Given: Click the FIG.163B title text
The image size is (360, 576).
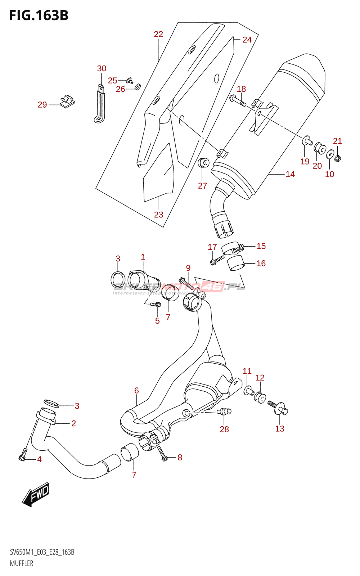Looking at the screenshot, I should click(39, 15).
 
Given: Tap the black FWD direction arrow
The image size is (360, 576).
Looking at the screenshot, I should click(36, 494).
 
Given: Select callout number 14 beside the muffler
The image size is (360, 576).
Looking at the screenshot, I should click(290, 174).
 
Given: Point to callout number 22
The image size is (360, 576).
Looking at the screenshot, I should click(158, 34).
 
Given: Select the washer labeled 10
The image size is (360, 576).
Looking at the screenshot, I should click(330, 155).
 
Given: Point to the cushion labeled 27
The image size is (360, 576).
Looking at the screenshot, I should click(204, 163).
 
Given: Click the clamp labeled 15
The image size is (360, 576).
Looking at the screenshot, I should click(231, 248).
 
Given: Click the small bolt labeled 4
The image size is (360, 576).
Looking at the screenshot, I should click(23, 455).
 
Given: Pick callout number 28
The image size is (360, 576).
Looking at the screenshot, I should click(224, 429).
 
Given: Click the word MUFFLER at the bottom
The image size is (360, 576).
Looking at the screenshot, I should click(22, 563).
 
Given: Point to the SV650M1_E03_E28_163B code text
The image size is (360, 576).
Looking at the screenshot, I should click(42, 552).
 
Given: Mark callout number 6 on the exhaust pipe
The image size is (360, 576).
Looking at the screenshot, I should click(136, 391).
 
